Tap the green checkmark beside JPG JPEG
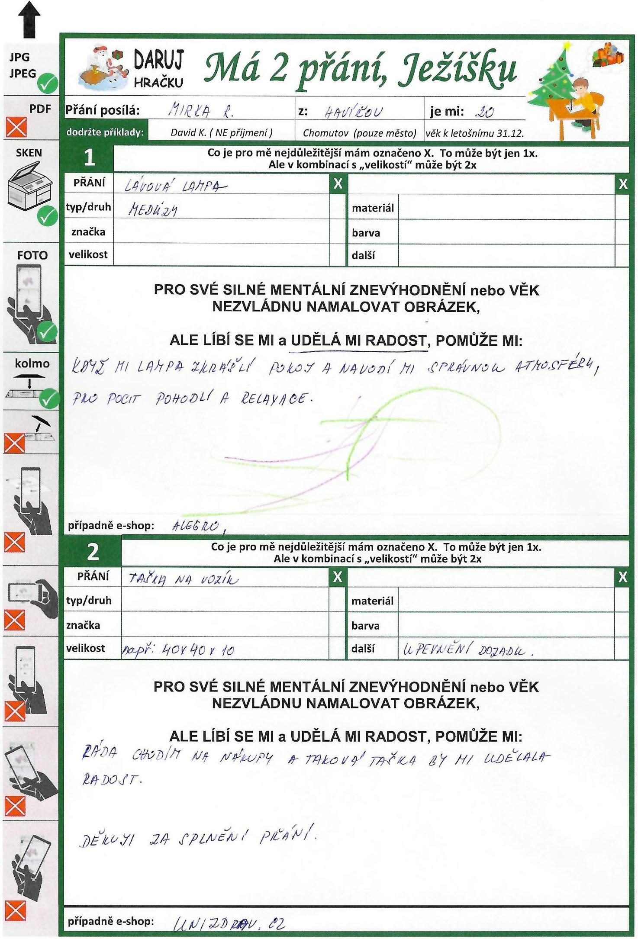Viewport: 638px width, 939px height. coord(47,83)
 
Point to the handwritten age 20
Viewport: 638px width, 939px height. coord(484,113)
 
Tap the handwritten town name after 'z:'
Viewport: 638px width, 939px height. coord(353,113)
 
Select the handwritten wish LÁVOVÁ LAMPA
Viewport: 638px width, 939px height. coord(174,186)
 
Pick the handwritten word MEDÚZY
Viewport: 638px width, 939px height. coord(153,210)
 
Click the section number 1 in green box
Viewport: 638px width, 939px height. coord(89,158)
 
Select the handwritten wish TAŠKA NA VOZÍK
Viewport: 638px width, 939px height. coord(183,579)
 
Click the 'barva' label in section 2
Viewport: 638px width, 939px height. coord(365,626)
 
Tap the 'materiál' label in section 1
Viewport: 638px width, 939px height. coord(373,208)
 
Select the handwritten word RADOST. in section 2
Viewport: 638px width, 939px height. coord(111,780)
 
